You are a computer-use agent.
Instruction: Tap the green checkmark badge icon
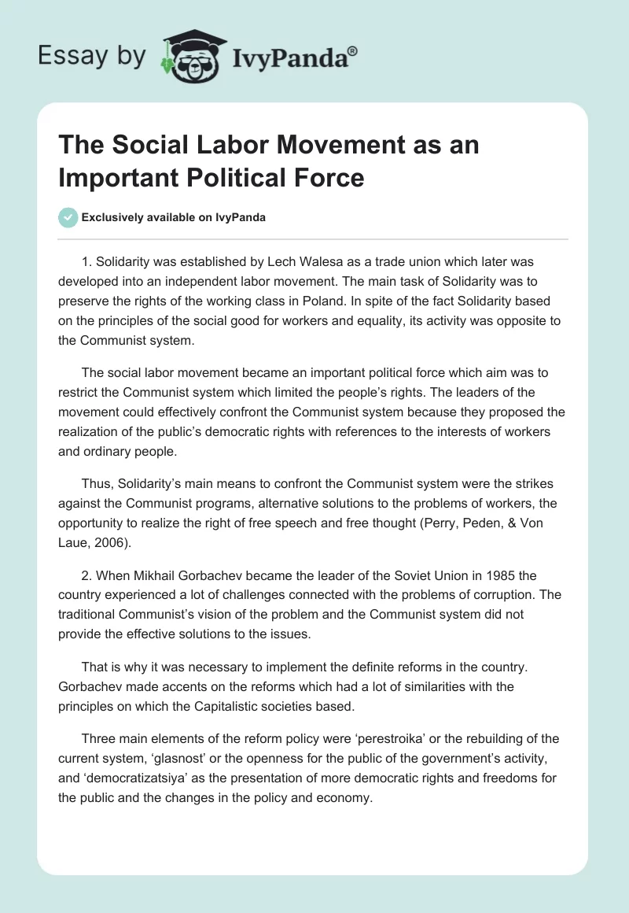tap(69, 217)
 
